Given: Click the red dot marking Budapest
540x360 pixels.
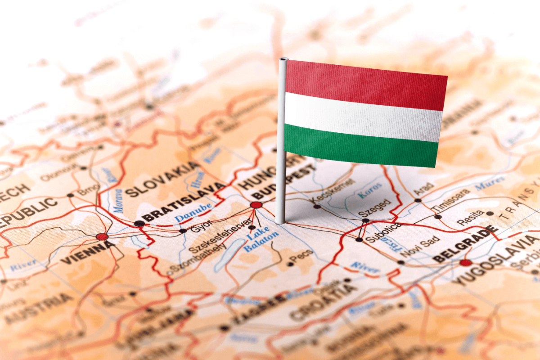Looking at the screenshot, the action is coord(256,205).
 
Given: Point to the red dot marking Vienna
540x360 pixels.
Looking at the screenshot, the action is coord(102,237).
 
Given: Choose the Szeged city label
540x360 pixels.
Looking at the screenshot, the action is coord(374,207).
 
